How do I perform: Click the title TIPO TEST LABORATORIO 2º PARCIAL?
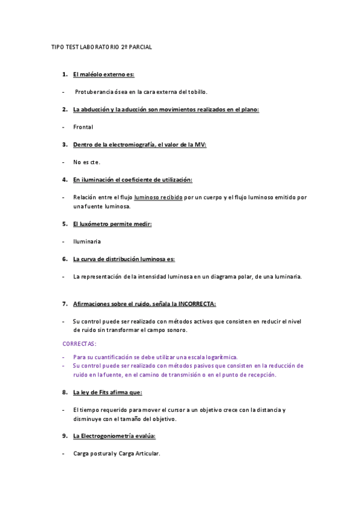(x=102, y=47)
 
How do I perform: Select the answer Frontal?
(x=83, y=127)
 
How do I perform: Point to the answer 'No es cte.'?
(x=87, y=162)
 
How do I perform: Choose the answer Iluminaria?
(x=87, y=241)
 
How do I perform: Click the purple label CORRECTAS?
(x=79, y=343)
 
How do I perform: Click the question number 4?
(x=64, y=179)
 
